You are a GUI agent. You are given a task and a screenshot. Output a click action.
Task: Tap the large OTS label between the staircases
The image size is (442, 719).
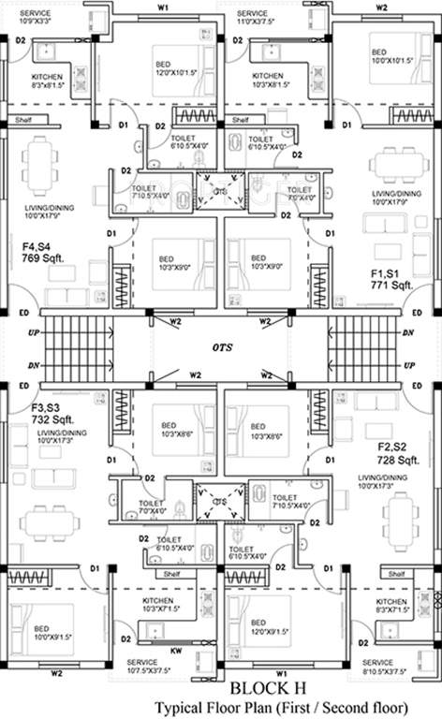(x=221, y=347)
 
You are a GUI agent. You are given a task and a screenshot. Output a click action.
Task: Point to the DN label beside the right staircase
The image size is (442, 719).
(x=407, y=332)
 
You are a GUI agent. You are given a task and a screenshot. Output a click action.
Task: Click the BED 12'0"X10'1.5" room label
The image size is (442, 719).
(x=177, y=68)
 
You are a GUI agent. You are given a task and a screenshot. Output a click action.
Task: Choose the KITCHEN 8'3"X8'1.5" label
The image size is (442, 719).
(x=48, y=81)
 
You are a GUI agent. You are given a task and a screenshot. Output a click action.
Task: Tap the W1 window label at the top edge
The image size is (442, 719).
(x=163, y=7)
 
